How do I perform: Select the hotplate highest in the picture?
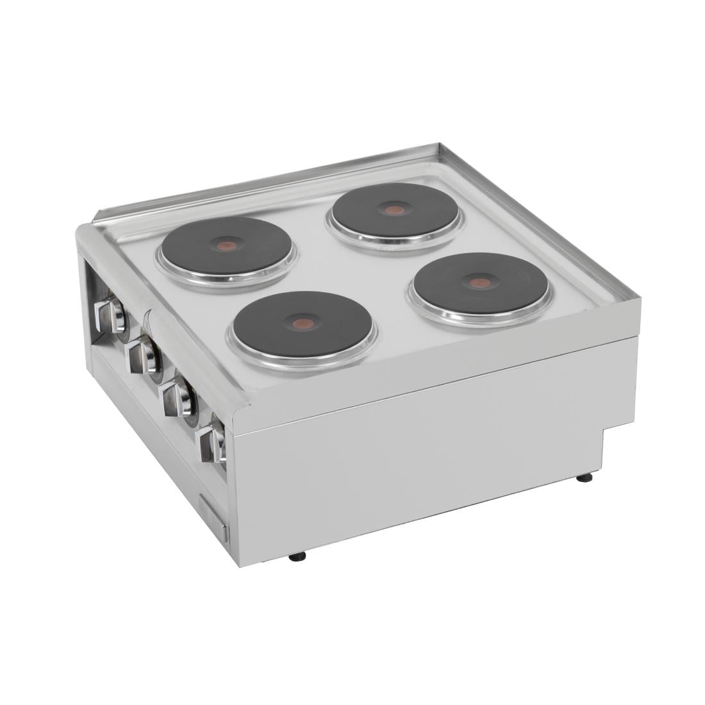pyautogui.click(x=395, y=211)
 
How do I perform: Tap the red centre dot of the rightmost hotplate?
pyautogui.click(x=476, y=282)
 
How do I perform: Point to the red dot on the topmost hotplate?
pyautogui.click(x=394, y=210)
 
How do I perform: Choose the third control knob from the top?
pyautogui.click(x=176, y=399)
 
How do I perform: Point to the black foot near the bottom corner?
pyautogui.click(x=297, y=556)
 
